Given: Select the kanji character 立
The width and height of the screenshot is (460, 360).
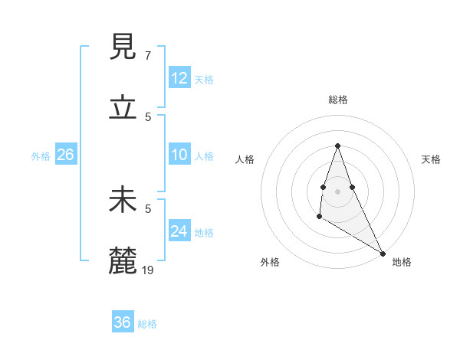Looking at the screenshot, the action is tap(124, 109).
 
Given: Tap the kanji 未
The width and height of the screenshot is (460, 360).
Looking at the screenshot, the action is tap(124, 201).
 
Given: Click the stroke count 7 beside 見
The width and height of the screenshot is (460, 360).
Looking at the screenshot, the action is tap(148, 55).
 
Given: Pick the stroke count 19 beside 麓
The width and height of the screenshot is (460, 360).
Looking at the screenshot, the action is tap(149, 270).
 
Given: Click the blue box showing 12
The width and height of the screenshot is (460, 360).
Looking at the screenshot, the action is tap(179, 78).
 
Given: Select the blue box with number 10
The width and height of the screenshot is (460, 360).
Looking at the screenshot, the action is tap(179, 155).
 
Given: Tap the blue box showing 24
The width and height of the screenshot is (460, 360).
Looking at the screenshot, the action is tap(179, 231).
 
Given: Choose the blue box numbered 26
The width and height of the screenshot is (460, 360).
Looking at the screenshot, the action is tap(65, 155).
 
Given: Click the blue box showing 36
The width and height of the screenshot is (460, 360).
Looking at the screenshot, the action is tap(123, 322).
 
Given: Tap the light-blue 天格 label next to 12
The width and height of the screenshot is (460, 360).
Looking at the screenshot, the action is tap(204, 80).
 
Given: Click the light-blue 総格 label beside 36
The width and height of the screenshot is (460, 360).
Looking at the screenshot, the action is tap(147, 324).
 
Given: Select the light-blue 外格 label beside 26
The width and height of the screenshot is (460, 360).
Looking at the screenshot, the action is tap(41, 156).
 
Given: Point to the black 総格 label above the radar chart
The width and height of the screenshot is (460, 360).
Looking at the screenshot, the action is tap(338, 100).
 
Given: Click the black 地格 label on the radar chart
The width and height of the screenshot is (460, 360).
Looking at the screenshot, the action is tap(402, 262).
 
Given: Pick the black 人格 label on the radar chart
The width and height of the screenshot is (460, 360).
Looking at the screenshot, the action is tap(245, 159).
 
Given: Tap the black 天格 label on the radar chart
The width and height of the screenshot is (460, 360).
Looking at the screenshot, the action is tap(431, 159).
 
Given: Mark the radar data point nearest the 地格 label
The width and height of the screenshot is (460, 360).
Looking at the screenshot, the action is tap(383, 254).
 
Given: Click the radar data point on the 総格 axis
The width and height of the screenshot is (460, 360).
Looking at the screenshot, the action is tap(338, 146).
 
